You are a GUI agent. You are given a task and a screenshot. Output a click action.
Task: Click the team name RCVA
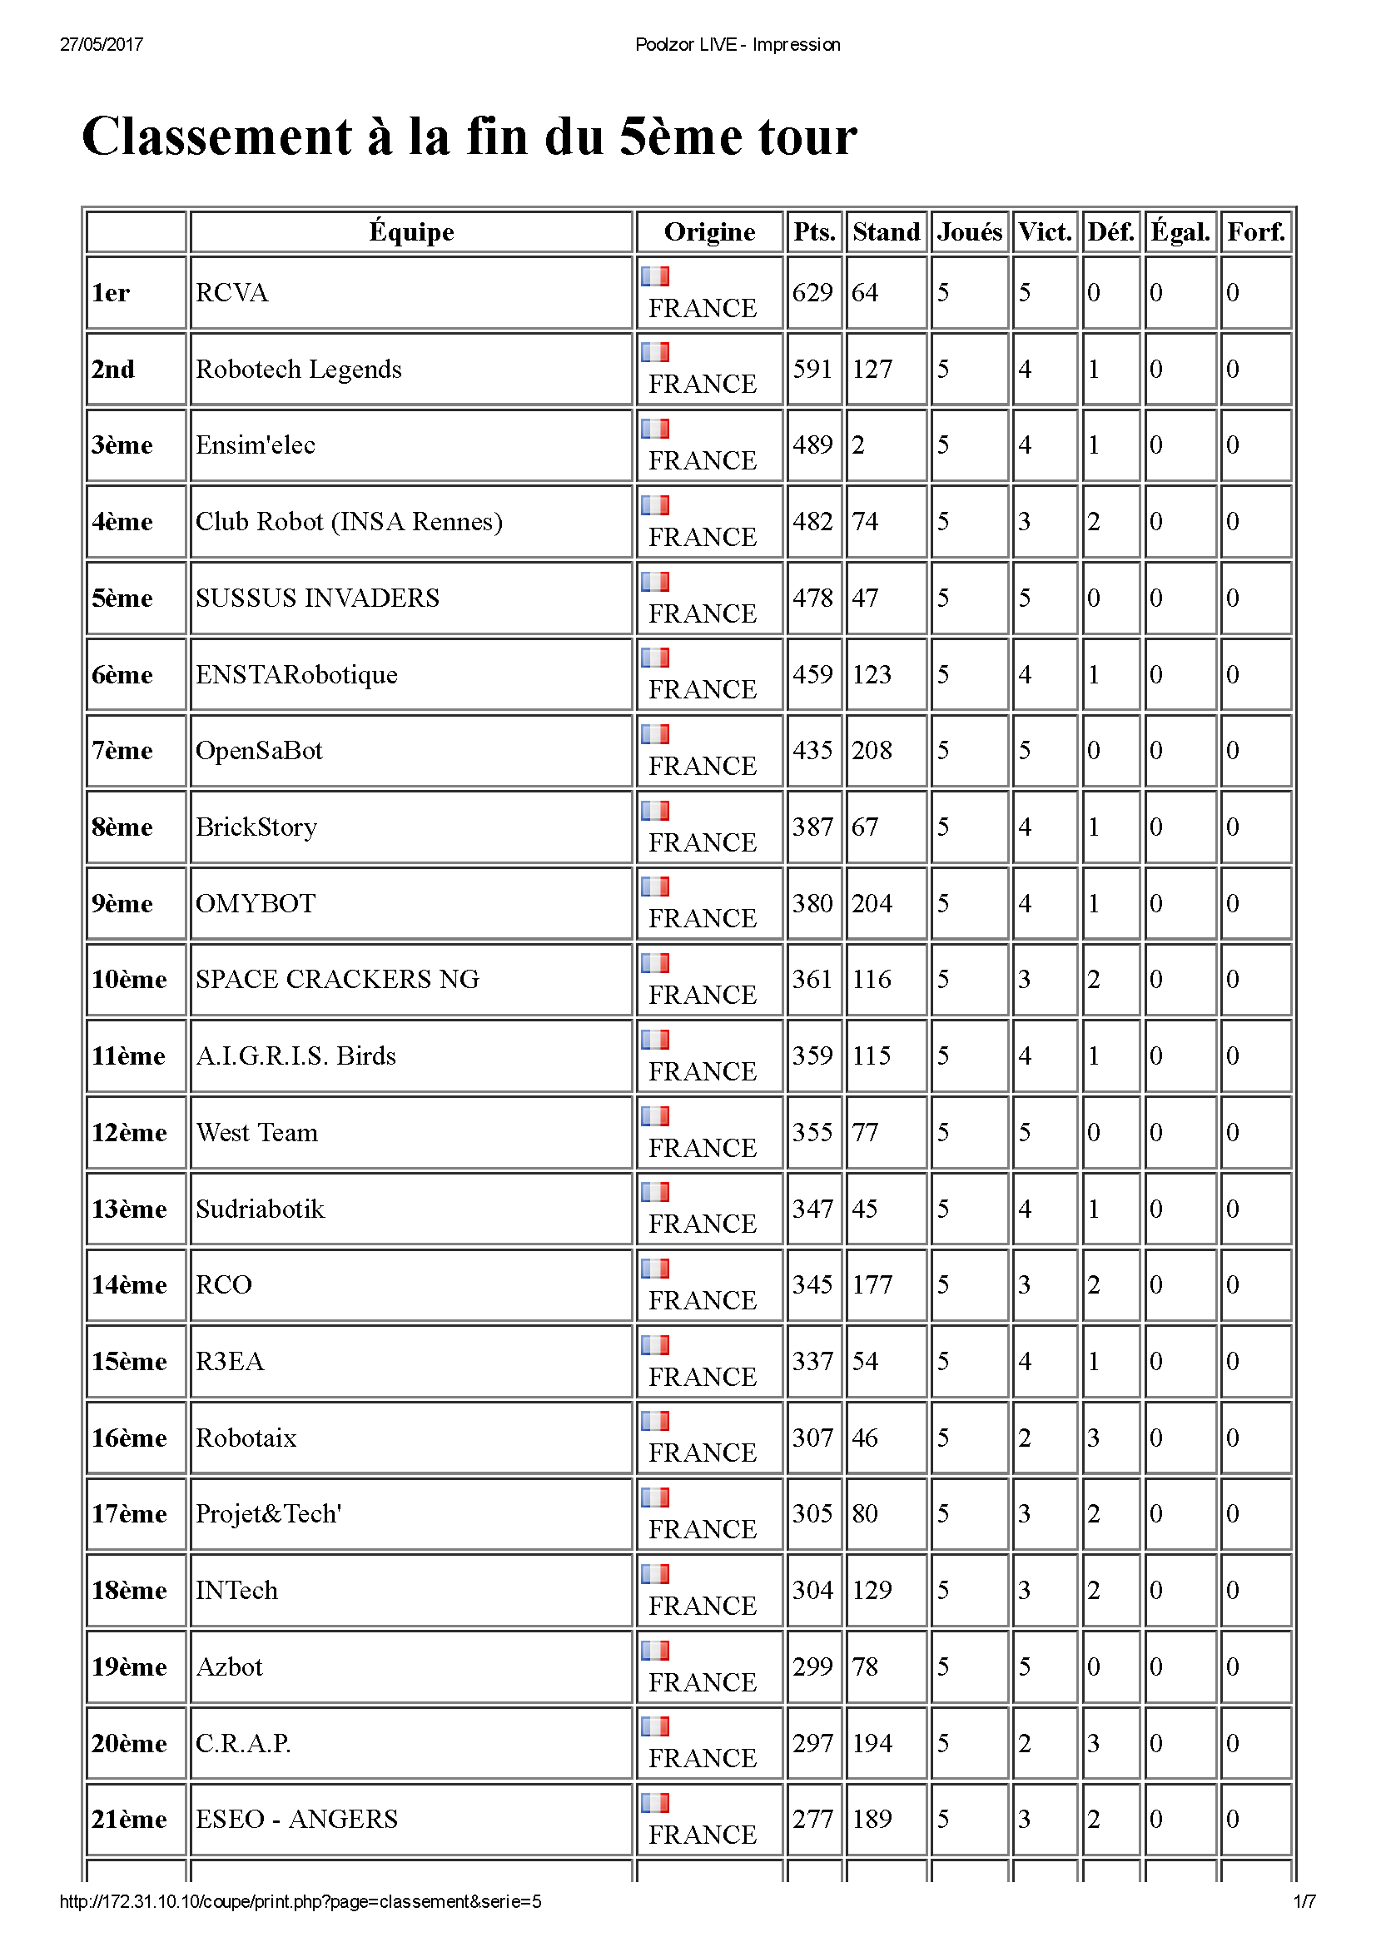[x=231, y=292]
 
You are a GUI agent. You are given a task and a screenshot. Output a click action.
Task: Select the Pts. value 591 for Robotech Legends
[x=812, y=369]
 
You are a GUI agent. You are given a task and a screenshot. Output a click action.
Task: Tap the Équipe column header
[x=411, y=231]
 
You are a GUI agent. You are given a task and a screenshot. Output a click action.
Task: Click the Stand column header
[x=886, y=231]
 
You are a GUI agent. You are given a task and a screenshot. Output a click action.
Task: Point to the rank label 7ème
[x=122, y=751]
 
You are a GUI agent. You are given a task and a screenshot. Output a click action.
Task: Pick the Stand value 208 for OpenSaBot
[x=872, y=751]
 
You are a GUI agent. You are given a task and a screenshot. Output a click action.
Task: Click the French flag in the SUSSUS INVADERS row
[x=654, y=581]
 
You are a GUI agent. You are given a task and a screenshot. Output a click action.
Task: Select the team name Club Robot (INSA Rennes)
[x=349, y=522]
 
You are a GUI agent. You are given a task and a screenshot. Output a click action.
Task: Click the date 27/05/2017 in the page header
[x=102, y=44]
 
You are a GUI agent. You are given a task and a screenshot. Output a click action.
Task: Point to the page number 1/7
[x=1304, y=1901]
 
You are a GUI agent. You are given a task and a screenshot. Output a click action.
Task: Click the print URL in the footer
[x=301, y=1901]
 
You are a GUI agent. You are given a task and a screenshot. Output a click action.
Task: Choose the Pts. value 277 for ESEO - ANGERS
[x=812, y=1819]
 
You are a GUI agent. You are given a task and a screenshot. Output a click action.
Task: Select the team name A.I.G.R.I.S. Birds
[x=296, y=1055]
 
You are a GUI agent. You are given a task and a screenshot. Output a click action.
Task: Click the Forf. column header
[x=1255, y=231]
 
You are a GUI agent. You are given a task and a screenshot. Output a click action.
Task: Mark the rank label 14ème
[x=129, y=1284]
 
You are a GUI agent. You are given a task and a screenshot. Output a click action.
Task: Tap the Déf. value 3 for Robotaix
[x=1094, y=1438]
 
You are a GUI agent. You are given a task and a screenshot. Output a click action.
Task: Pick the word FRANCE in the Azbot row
[x=702, y=1681]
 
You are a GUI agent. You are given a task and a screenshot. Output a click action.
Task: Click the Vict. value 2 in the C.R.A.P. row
[x=1024, y=1742]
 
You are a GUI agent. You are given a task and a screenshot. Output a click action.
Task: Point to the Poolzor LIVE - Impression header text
[x=738, y=44]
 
